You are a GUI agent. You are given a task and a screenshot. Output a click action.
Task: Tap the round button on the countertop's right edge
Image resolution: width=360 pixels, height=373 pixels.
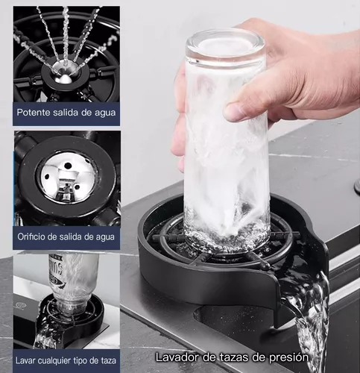point(357,186)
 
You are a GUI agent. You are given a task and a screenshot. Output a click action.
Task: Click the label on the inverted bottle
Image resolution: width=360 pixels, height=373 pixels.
point(56,269)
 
